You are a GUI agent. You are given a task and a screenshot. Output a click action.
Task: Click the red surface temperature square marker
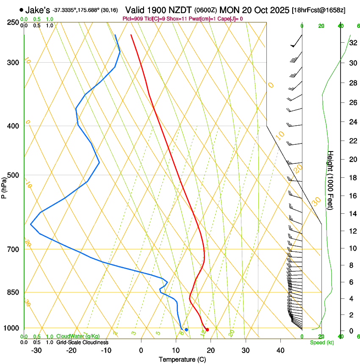(207, 330)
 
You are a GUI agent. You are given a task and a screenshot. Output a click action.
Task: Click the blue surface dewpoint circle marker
(186, 329)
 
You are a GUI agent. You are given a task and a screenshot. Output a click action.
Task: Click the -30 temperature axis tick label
(36, 350)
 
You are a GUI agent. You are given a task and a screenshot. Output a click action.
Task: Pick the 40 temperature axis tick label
(280, 350)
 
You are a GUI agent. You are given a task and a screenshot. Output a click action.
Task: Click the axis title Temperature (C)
(182, 359)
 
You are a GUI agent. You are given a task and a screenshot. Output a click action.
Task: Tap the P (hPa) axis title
(4, 185)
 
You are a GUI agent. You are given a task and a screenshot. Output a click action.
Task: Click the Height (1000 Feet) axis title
(331, 180)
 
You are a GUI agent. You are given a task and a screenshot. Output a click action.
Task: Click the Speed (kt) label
(321, 342)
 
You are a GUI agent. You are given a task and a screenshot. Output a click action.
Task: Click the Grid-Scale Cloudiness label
(82, 342)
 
